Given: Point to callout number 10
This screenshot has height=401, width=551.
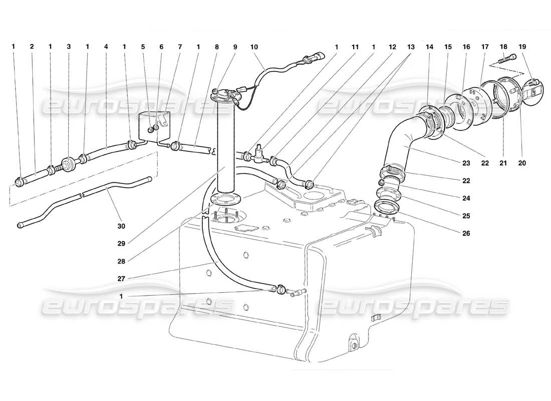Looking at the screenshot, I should [x=254, y=47].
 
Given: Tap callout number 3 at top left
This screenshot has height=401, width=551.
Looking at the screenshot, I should [x=69, y=47].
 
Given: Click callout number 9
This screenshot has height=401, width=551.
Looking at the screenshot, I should [x=235, y=47].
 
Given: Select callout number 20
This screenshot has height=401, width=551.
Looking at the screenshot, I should [x=523, y=163].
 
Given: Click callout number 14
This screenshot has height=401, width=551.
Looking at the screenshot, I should [x=429, y=47].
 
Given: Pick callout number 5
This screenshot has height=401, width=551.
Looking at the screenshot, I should [x=143, y=47].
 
